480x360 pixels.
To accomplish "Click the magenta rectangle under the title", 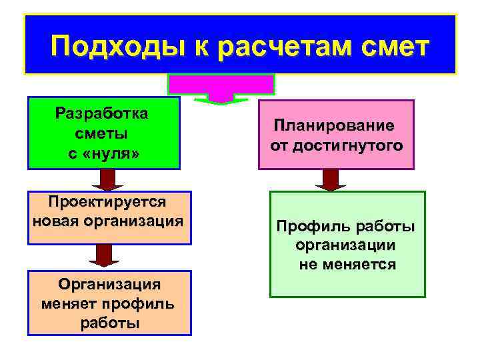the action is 221,84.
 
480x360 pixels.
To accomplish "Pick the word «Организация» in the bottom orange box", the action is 109,285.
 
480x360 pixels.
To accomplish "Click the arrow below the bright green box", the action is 103,179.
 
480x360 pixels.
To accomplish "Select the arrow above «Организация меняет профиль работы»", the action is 103,255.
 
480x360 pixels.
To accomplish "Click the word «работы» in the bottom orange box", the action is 109,323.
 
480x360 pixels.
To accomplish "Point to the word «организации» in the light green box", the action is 346,245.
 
